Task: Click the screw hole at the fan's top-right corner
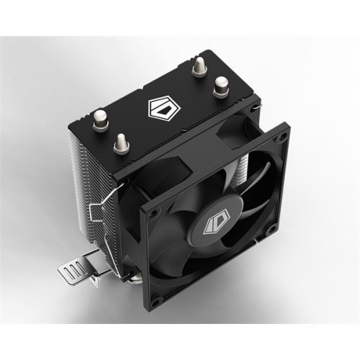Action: click(x=284, y=135)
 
